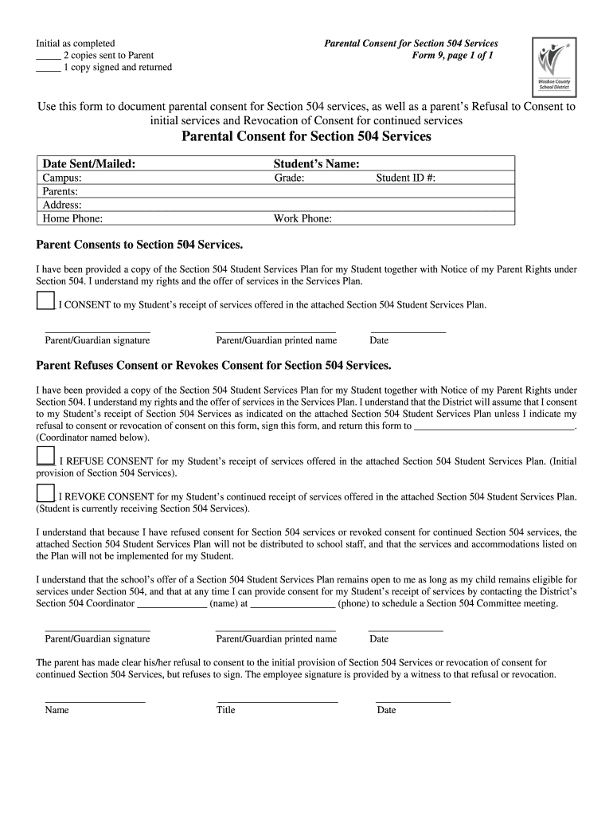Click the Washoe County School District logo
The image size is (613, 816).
click(x=549, y=65)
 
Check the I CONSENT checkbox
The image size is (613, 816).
click(x=45, y=300)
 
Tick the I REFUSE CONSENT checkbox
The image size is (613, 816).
click(x=45, y=456)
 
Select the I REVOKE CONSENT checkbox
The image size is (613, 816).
click(x=45, y=492)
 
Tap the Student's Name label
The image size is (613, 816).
click(x=316, y=163)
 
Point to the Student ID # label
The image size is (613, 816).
click(x=405, y=178)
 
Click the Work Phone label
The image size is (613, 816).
click(x=303, y=218)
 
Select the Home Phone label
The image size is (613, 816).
click(x=72, y=218)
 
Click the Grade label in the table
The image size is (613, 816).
click(x=290, y=178)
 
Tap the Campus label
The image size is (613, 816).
click(x=62, y=178)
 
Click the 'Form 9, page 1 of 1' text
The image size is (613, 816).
click(x=452, y=55)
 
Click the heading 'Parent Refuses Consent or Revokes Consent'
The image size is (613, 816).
click(x=214, y=365)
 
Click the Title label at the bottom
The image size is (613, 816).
click(x=225, y=710)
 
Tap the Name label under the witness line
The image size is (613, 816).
click(x=57, y=710)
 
